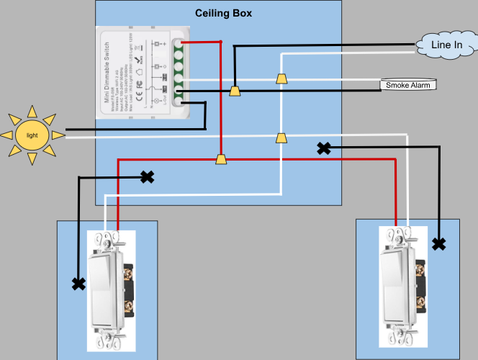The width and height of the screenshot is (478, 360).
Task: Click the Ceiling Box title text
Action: pyautogui.click(x=224, y=14)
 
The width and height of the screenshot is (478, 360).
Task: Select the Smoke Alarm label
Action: pyautogui.click(x=407, y=86)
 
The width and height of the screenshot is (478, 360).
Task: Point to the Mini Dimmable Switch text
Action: pyautogui.click(x=107, y=72)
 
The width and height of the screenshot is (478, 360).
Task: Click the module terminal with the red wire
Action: pyautogui.click(x=176, y=43)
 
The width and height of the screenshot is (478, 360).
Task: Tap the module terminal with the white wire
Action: pyautogui.click(x=176, y=78)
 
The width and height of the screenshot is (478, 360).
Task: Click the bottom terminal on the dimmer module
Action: pyautogui.click(x=176, y=102)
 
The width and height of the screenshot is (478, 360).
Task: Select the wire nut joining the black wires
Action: pyautogui.click(x=234, y=91)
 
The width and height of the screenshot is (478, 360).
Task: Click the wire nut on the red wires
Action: pyautogui.click(x=221, y=158)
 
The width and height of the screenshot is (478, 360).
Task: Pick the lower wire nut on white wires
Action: pyautogui.click(x=281, y=138)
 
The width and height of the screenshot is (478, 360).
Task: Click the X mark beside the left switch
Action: pyautogui.click(x=78, y=284)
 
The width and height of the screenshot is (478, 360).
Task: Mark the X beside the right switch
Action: pyautogui.click(x=438, y=243)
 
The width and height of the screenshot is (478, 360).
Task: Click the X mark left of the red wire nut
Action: pyautogui.click(x=147, y=176)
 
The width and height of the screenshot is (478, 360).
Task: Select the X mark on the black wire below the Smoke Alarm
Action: pyautogui.click(x=324, y=148)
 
